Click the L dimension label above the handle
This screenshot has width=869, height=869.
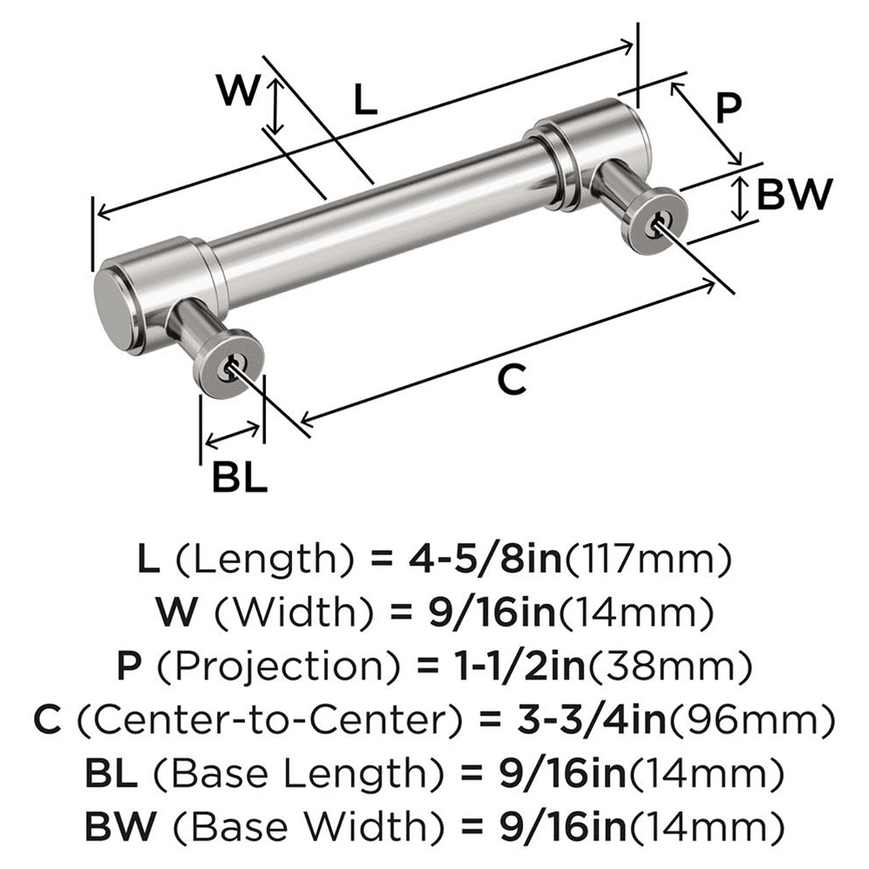[x=366, y=102]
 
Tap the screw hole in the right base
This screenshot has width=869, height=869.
[x=658, y=222]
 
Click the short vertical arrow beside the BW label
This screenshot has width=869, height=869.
[x=739, y=197]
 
